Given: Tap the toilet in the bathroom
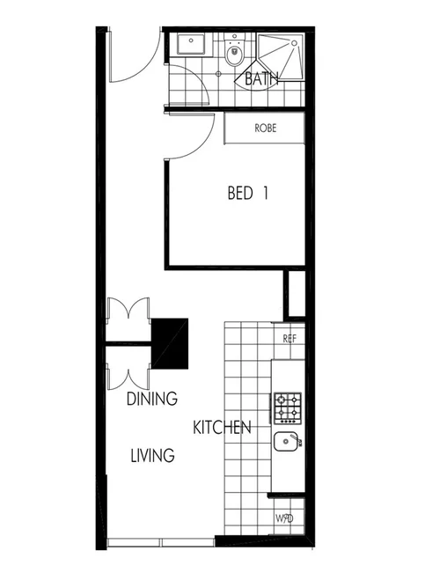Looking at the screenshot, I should click(233, 55).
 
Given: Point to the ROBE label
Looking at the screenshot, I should click(265, 128).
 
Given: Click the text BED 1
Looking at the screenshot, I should click(246, 193).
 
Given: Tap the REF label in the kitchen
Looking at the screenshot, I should click(289, 338).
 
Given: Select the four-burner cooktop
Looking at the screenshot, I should click(288, 407).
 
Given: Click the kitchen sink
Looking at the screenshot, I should click(287, 442).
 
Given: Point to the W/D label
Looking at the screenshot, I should click(283, 518).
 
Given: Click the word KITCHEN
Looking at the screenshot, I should click(223, 428).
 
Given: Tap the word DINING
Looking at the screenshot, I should click(151, 399).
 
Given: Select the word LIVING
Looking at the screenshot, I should click(152, 456).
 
